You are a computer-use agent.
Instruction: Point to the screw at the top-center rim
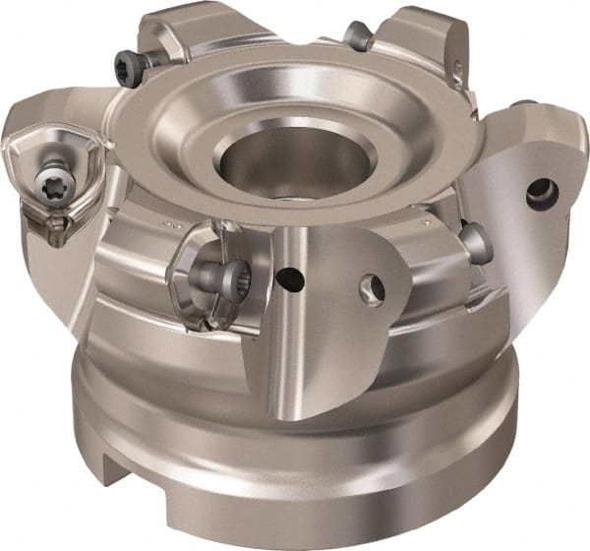click(x=358, y=37)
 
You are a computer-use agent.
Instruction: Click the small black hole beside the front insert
click(x=288, y=279)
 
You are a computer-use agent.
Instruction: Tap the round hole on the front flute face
click(x=373, y=287)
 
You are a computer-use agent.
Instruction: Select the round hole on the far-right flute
click(x=542, y=193)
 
